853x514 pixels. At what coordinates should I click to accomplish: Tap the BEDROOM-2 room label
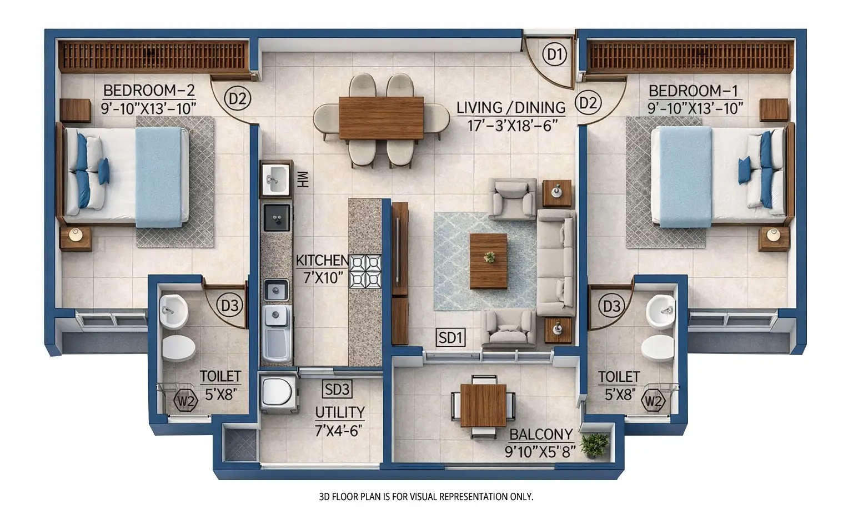pyautogui.click(x=149, y=90)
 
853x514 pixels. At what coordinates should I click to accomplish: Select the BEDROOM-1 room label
pyautogui.click(x=693, y=90)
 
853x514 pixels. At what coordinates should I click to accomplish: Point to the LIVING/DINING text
pyautogui.click(x=510, y=107)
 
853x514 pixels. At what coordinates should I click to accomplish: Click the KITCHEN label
pyautogui.click(x=322, y=261)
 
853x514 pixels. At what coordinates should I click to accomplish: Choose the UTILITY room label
pyautogui.click(x=340, y=412)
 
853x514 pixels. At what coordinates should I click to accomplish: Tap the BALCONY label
pyautogui.click(x=540, y=434)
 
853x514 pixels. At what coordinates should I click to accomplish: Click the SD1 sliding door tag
pyautogui.click(x=450, y=338)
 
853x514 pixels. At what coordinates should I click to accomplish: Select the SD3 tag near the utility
pyautogui.click(x=337, y=389)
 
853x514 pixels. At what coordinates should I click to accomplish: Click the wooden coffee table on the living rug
pyautogui.click(x=488, y=261)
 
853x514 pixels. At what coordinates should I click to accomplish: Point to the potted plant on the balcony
pyautogui.click(x=595, y=445)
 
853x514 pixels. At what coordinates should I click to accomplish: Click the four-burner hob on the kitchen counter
pyautogui.click(x=365, y=271)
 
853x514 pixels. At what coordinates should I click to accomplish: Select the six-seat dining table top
pyautogui.click(x=381, y=118)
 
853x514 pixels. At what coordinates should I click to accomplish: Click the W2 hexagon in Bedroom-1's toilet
pyautogui.click(x=653, y=400)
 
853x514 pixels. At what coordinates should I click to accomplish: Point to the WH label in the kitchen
pyautogui.click(x=303, y=179)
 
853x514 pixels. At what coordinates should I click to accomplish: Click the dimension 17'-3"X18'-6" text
pyautogui.click(x=512, y=126)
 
